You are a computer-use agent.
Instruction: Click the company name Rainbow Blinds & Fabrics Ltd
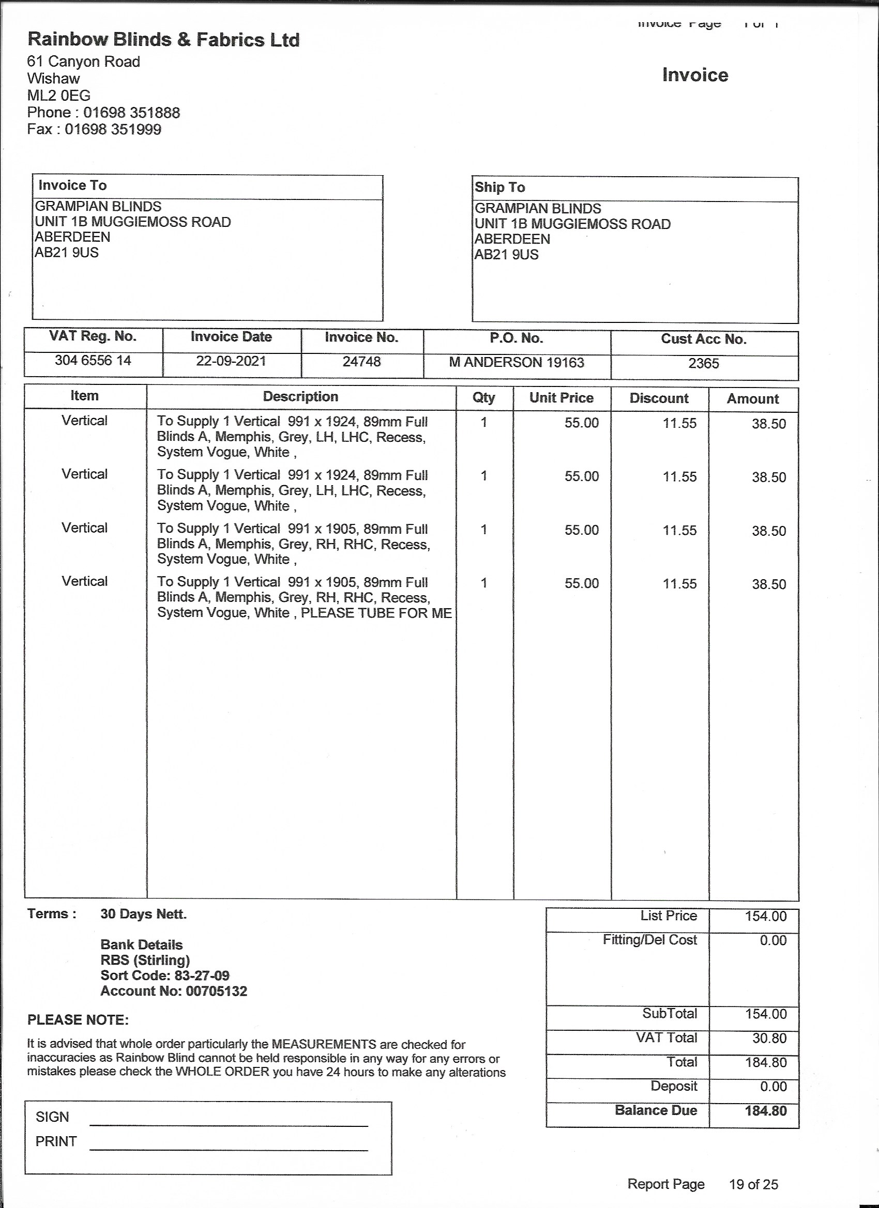coord(163,40)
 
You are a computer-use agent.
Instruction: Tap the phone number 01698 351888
coord(131,113)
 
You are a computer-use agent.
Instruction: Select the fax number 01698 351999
coord(113,129)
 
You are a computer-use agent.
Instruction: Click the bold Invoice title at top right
coord(694,75)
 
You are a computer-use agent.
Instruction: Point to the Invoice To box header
coord(72,185)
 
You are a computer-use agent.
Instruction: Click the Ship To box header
coord(499,188)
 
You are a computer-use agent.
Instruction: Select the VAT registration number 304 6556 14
coord(93,361)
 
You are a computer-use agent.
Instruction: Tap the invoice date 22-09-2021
coord(231,361)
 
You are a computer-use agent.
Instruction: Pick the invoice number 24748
coord(361,362)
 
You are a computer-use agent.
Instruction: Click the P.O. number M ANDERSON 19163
coord(516,363)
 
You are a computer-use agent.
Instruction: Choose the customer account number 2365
coord(703,364)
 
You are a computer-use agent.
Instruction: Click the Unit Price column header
coord(561,398)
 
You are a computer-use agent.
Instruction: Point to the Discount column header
coord(659,398)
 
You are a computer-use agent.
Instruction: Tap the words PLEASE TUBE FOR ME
coord(376,613)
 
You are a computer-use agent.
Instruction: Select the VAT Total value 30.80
coord(765,1038)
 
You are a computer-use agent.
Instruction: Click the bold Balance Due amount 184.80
coord(765,1110)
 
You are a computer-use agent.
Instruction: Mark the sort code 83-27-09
coord(202,976)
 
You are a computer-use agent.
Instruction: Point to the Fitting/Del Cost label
coord(649,940)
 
